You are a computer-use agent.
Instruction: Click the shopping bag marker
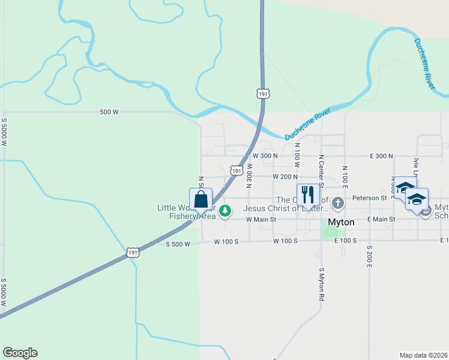[x=200, y=199]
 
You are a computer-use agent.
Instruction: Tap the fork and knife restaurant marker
[x=308, y=195]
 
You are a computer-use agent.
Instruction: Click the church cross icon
[x=338, y=203]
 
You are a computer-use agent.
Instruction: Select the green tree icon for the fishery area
[x=225, y=211]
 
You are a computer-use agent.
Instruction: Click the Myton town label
[x=341, y=222]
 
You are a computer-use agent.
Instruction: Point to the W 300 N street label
[x=265, y=155]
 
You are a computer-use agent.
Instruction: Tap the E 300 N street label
[x=377, y=155]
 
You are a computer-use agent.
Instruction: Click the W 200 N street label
[x=285, y=177]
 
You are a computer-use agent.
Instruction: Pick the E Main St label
[x=381, y=220]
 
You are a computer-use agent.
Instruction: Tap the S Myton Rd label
[x=322, y=284]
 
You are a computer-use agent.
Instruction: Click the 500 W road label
[x=109, y=112]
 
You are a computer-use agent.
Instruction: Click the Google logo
[x=20, y=353]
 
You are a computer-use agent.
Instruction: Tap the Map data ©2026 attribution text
[x=423, y=355]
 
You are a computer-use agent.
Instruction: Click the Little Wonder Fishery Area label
[x=186, y=212]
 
